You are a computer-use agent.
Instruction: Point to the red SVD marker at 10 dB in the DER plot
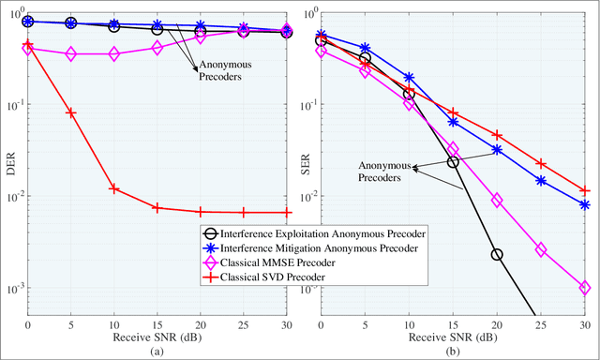pyautogui.click(x=113, y=188)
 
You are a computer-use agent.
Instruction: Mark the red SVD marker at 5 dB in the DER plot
pyautogui.click(x=70, y=112)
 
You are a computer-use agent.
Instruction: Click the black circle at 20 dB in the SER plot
pyautogui.click(x=497, y=254)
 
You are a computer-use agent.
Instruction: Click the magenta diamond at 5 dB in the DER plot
pyautogui.click(x=70, y=54)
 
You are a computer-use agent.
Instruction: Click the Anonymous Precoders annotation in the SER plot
pyautogui.click(x=384, y=170)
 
